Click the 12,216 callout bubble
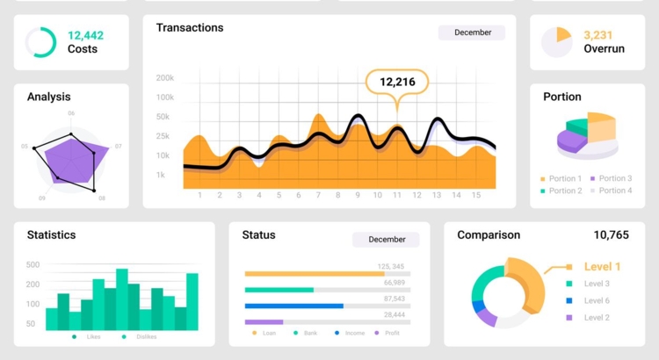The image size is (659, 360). click(397, 82)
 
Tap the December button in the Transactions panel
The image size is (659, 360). click(472, 32)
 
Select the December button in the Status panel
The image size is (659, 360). click(386, 239)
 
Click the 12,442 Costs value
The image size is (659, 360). click(85, 35)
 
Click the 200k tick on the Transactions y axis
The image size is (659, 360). click(164, 78)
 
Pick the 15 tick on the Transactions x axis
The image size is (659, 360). click(476, 195)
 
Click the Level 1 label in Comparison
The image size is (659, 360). click(602, 267)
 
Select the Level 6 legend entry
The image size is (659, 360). click(596, 300)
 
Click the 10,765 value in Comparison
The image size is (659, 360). click(611, 235)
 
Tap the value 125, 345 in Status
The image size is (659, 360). click(391, 266)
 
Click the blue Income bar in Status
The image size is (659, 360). click(293, 306)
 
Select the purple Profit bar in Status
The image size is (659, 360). click(264, 322)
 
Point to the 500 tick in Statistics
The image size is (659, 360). click(33, 264)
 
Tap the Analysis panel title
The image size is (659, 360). click(49, 97)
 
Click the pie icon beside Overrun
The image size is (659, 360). click(556, 41)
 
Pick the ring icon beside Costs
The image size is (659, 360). click(40, 42)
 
